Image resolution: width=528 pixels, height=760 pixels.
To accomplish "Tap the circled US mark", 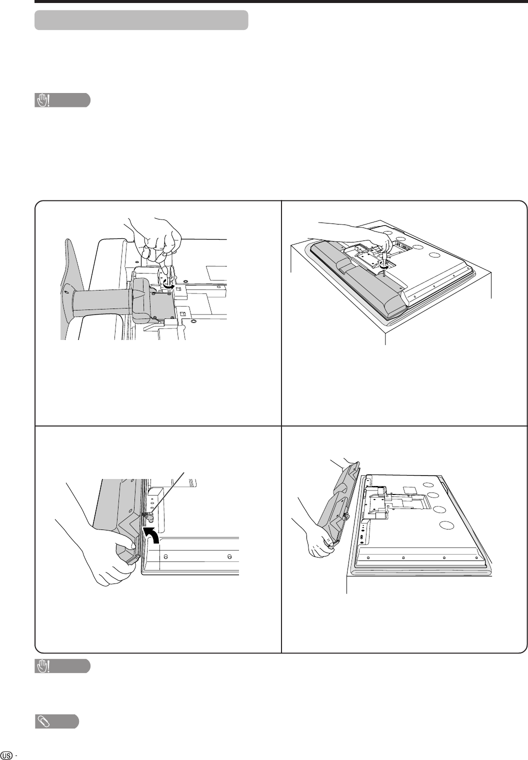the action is (x=6, y=755).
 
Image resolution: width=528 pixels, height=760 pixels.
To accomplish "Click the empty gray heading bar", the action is (x=141, y=20).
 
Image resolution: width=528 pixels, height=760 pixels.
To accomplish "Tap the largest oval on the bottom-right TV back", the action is (x=447, y=525).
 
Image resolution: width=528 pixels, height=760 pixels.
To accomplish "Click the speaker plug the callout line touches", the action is (x=148, y=516).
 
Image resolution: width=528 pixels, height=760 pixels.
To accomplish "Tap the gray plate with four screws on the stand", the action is (x=163, y=303).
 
